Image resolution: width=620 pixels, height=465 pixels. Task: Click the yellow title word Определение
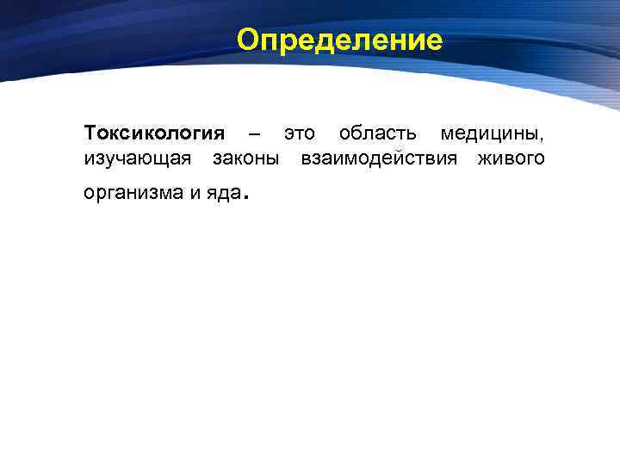339,40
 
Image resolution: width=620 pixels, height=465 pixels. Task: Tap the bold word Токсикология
154,134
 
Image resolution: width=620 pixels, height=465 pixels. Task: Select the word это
300,134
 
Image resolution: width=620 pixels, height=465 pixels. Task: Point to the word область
379,134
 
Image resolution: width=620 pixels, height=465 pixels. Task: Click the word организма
132,194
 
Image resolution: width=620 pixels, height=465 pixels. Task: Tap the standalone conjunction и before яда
193,194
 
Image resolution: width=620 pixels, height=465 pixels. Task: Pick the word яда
222,194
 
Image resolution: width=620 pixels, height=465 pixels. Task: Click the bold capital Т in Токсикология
91,134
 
